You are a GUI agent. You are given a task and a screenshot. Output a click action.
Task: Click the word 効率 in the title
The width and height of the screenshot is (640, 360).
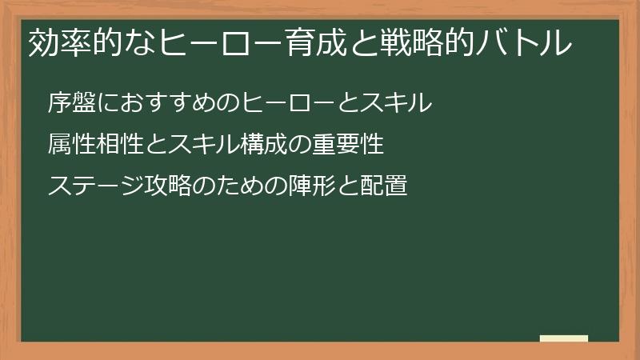(55, 44)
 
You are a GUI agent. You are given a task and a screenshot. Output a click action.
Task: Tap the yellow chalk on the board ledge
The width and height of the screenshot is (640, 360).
(564, 338)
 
